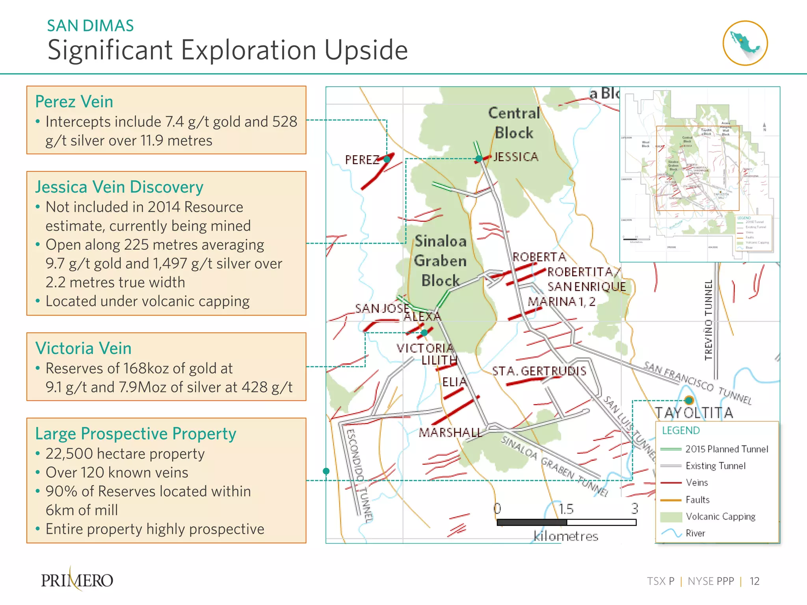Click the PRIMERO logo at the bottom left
(77, 580)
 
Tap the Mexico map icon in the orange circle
(745, 43)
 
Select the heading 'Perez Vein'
(74, 102)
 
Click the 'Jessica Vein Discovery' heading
(119, 187)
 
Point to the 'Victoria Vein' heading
(83, 348)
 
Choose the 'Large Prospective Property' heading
(136, 434)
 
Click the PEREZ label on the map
(361, 160)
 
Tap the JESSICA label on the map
(516, 157)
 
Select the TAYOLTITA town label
(694, 413)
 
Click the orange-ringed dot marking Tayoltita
(689, 400)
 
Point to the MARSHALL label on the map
(450, 432)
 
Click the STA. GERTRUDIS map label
(539, 371)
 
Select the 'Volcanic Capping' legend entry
(720, 516)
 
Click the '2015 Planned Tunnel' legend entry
(727, 449)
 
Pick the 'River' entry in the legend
(695, 533)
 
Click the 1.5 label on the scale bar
(566, 509)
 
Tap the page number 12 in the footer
(754, 581)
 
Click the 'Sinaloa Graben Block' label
(441, 261)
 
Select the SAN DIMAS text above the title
(90, 26)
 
